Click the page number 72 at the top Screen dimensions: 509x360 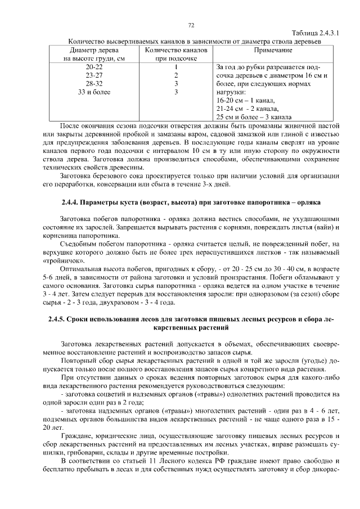[x=191, y=25]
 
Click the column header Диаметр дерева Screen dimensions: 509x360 [x=93, y=51]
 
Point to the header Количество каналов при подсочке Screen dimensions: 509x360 [x=176, y=55]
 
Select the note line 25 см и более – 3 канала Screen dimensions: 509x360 [x=254, y=117]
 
